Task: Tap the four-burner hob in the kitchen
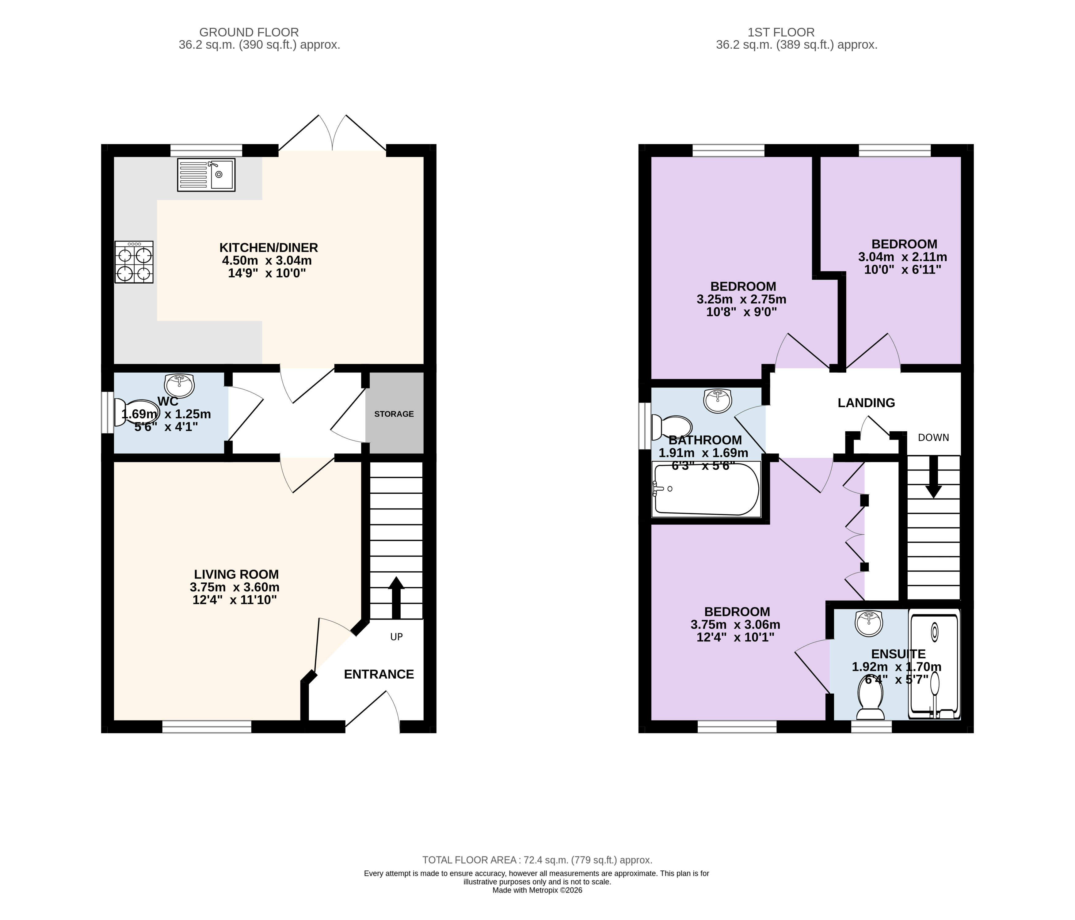point(134,262)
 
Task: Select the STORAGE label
point(394,414)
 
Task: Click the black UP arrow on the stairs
point(396,597)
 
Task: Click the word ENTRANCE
point(379,674)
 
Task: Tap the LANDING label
point(867,403)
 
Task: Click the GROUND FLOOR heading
point(249,32)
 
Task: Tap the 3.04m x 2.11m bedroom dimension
point(903,257)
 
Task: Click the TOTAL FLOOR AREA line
point(537,860)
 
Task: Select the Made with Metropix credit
point(537,890)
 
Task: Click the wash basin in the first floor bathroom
point(718,400)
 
